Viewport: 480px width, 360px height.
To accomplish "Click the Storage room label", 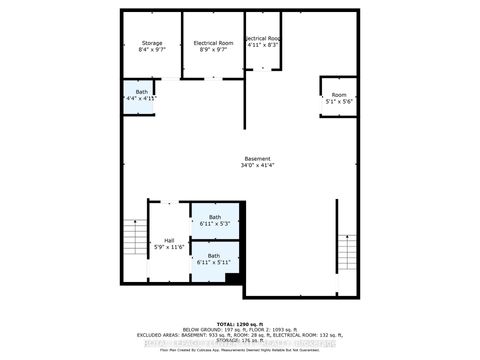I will (151, 43).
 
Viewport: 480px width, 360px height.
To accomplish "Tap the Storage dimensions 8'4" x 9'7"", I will (151, 50).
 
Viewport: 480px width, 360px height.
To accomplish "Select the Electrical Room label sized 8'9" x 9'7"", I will (212, 43).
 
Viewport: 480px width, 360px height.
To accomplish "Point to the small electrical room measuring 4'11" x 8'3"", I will (263, 44).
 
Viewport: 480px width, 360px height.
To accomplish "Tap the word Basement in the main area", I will (257, 159).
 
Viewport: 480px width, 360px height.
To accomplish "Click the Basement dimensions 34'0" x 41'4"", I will (257, 166).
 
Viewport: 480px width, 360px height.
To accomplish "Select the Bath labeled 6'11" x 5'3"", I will (213, 221).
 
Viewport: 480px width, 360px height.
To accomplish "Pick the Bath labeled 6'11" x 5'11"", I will (213, 259).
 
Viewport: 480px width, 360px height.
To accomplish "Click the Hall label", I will (170, 240).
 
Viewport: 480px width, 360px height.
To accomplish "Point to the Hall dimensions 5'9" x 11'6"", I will (170, 247).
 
